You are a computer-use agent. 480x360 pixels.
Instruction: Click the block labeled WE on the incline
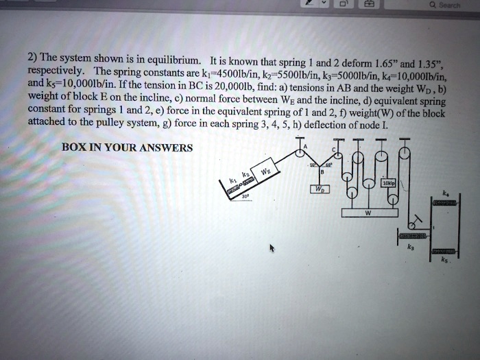click(264, 171)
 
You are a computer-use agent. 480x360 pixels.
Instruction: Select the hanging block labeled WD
click(321, 188)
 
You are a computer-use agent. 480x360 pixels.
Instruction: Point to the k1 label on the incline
click(232, 180)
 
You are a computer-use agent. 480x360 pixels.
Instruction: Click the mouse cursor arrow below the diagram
click(273, 248)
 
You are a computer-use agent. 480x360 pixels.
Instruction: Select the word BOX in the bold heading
click(73, 147)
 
